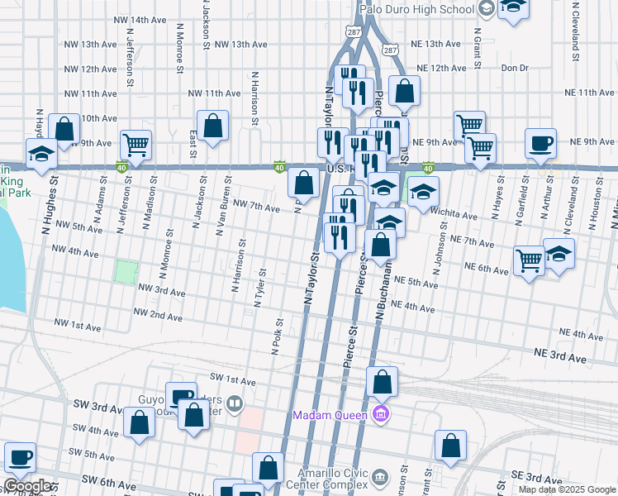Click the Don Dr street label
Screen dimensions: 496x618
(x=514, y=68)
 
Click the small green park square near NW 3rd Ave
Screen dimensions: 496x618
(x=125, y=271)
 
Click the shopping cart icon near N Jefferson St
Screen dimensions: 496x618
(x=135, y=145)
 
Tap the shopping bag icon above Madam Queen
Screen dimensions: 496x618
(x=382, y=383)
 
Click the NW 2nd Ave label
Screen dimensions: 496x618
(x=159, y=316)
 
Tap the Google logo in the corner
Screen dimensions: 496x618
(x=27, y=486)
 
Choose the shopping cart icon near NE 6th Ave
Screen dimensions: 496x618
(x=529, y=260)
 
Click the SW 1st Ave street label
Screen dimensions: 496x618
(x=229, y=380)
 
